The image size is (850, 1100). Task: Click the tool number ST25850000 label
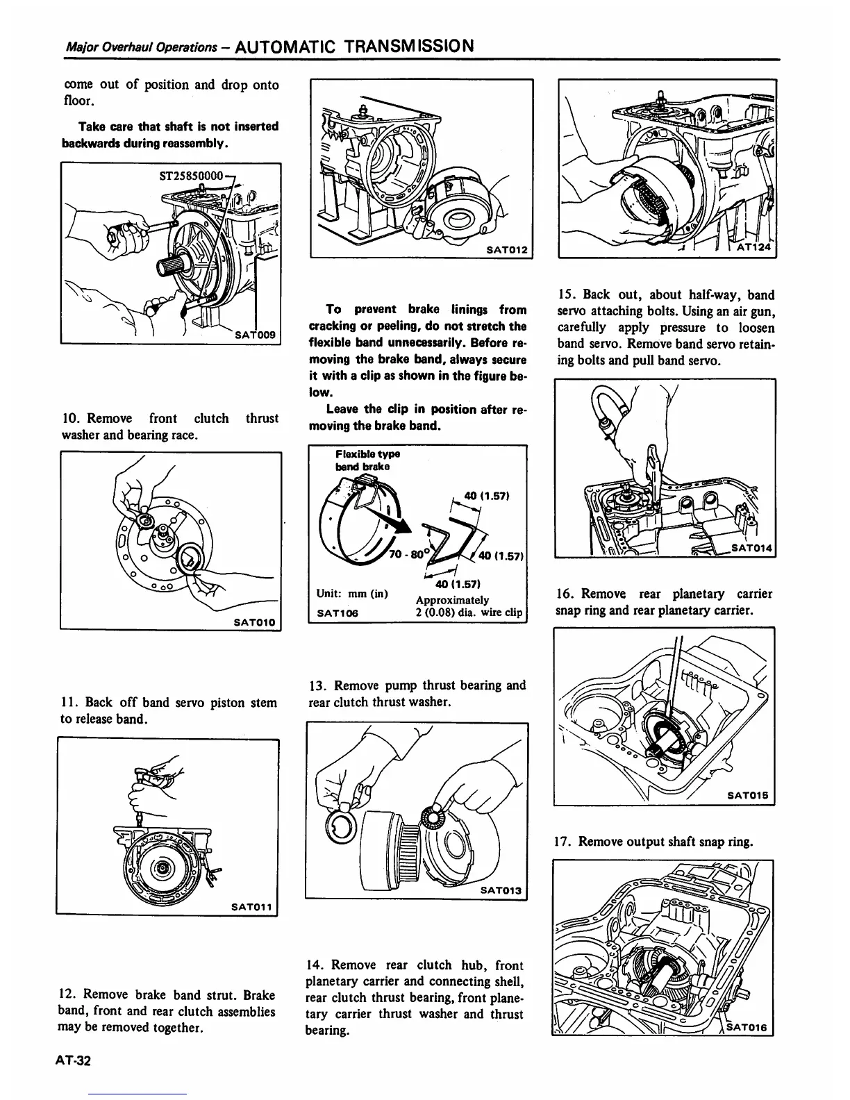(189, 176)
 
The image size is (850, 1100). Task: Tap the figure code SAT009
(256, 335)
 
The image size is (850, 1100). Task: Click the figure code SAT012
(506, 249)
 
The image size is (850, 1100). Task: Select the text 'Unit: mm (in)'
(351, 594)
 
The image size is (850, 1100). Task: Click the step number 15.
(565, 294)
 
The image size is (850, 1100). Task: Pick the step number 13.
(316, 685)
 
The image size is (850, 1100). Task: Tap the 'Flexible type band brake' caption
(367, 460)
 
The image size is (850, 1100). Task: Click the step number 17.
(564, 842)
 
